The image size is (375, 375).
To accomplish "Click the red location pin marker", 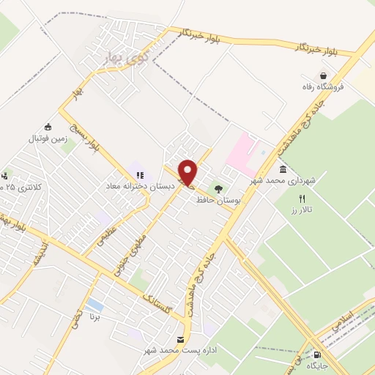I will [188, 171].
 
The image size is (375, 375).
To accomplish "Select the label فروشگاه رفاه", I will [322, 87].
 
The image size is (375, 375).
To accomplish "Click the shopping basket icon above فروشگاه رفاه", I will [323, 75].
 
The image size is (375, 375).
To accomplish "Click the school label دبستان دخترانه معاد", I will [139, 186].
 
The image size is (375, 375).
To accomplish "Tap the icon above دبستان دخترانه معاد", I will [139, 174].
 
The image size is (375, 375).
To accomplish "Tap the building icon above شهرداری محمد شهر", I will [283, 169].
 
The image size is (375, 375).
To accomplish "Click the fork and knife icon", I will [300, 198].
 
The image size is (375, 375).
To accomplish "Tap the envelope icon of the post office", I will [181, 339].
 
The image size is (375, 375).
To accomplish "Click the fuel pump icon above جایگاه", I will [316, 354].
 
